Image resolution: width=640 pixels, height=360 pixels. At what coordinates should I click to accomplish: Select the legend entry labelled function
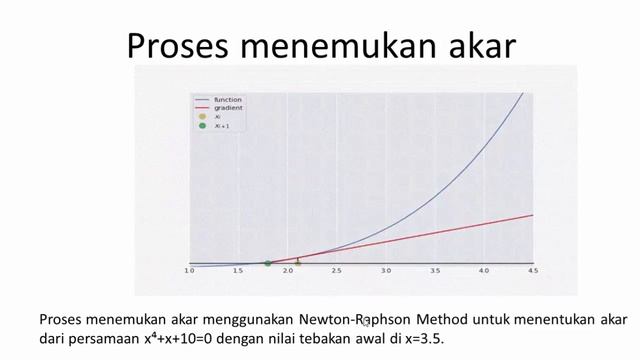228,99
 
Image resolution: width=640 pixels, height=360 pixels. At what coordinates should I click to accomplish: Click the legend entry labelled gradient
228,108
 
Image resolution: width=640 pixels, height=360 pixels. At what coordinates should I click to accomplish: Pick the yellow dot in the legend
202,117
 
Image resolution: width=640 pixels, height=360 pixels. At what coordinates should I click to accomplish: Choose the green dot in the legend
202,126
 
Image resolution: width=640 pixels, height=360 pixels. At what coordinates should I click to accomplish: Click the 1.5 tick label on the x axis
238,271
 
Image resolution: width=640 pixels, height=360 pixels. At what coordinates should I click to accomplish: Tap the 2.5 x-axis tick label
336,271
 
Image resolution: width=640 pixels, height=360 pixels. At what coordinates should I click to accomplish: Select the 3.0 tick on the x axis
386,271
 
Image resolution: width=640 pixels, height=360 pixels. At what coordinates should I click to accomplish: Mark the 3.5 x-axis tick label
435,271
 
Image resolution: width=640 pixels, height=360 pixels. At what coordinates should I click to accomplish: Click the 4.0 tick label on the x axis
484,271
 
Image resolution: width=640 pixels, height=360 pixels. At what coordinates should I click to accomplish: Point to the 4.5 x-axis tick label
533,271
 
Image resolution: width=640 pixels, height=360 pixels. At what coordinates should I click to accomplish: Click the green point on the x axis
267,263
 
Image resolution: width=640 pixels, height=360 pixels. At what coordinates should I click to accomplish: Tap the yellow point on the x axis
297,263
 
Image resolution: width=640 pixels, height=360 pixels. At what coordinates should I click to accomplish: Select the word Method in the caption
438,320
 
